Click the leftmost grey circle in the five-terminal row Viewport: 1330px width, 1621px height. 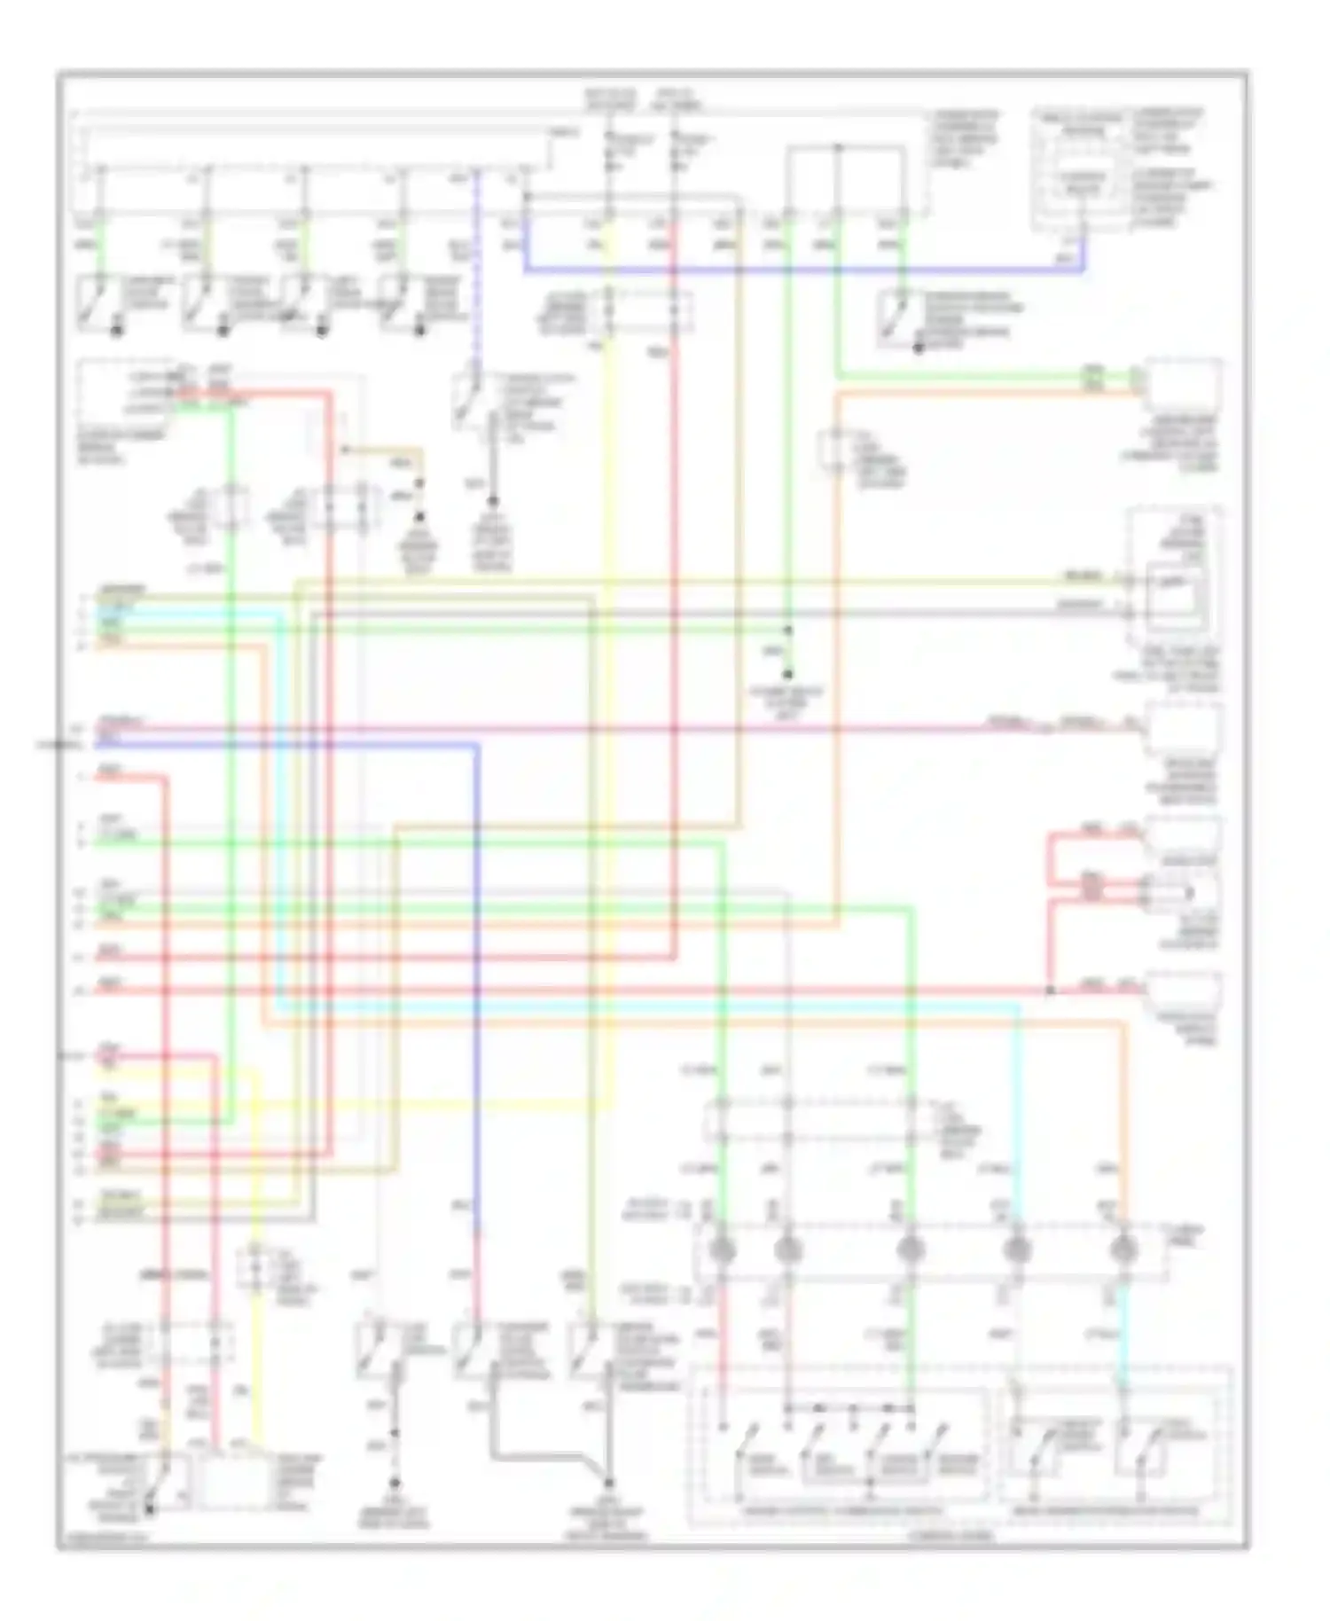[x=724, y=1249]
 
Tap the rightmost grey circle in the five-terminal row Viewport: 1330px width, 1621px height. [x=1124, y=1249]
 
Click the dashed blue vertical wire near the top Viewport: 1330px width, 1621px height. [x=476, y=266]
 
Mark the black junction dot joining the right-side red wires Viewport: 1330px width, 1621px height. [x=1049, y=990]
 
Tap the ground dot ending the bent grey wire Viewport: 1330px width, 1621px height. [x=610, y=1482]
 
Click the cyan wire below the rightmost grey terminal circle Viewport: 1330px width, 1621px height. [x=1123, y=1330]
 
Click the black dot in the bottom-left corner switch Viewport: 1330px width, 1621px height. [x=149, y=1507]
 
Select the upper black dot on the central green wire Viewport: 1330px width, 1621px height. [x=788, y=630]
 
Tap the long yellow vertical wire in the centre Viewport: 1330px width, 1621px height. [x=609, y=709]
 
